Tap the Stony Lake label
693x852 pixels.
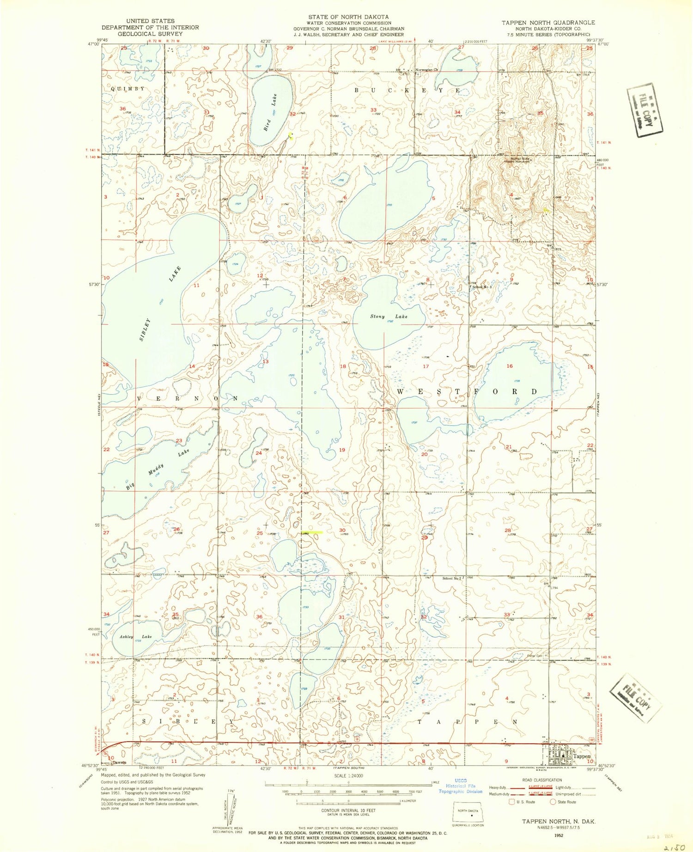(389, 316)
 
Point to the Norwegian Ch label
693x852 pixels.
(426, 70)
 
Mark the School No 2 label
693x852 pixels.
(452, 578)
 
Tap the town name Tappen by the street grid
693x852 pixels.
(582, 756)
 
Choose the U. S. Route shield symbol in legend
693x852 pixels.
(512, 802)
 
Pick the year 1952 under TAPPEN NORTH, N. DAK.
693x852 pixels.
(559, 835)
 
